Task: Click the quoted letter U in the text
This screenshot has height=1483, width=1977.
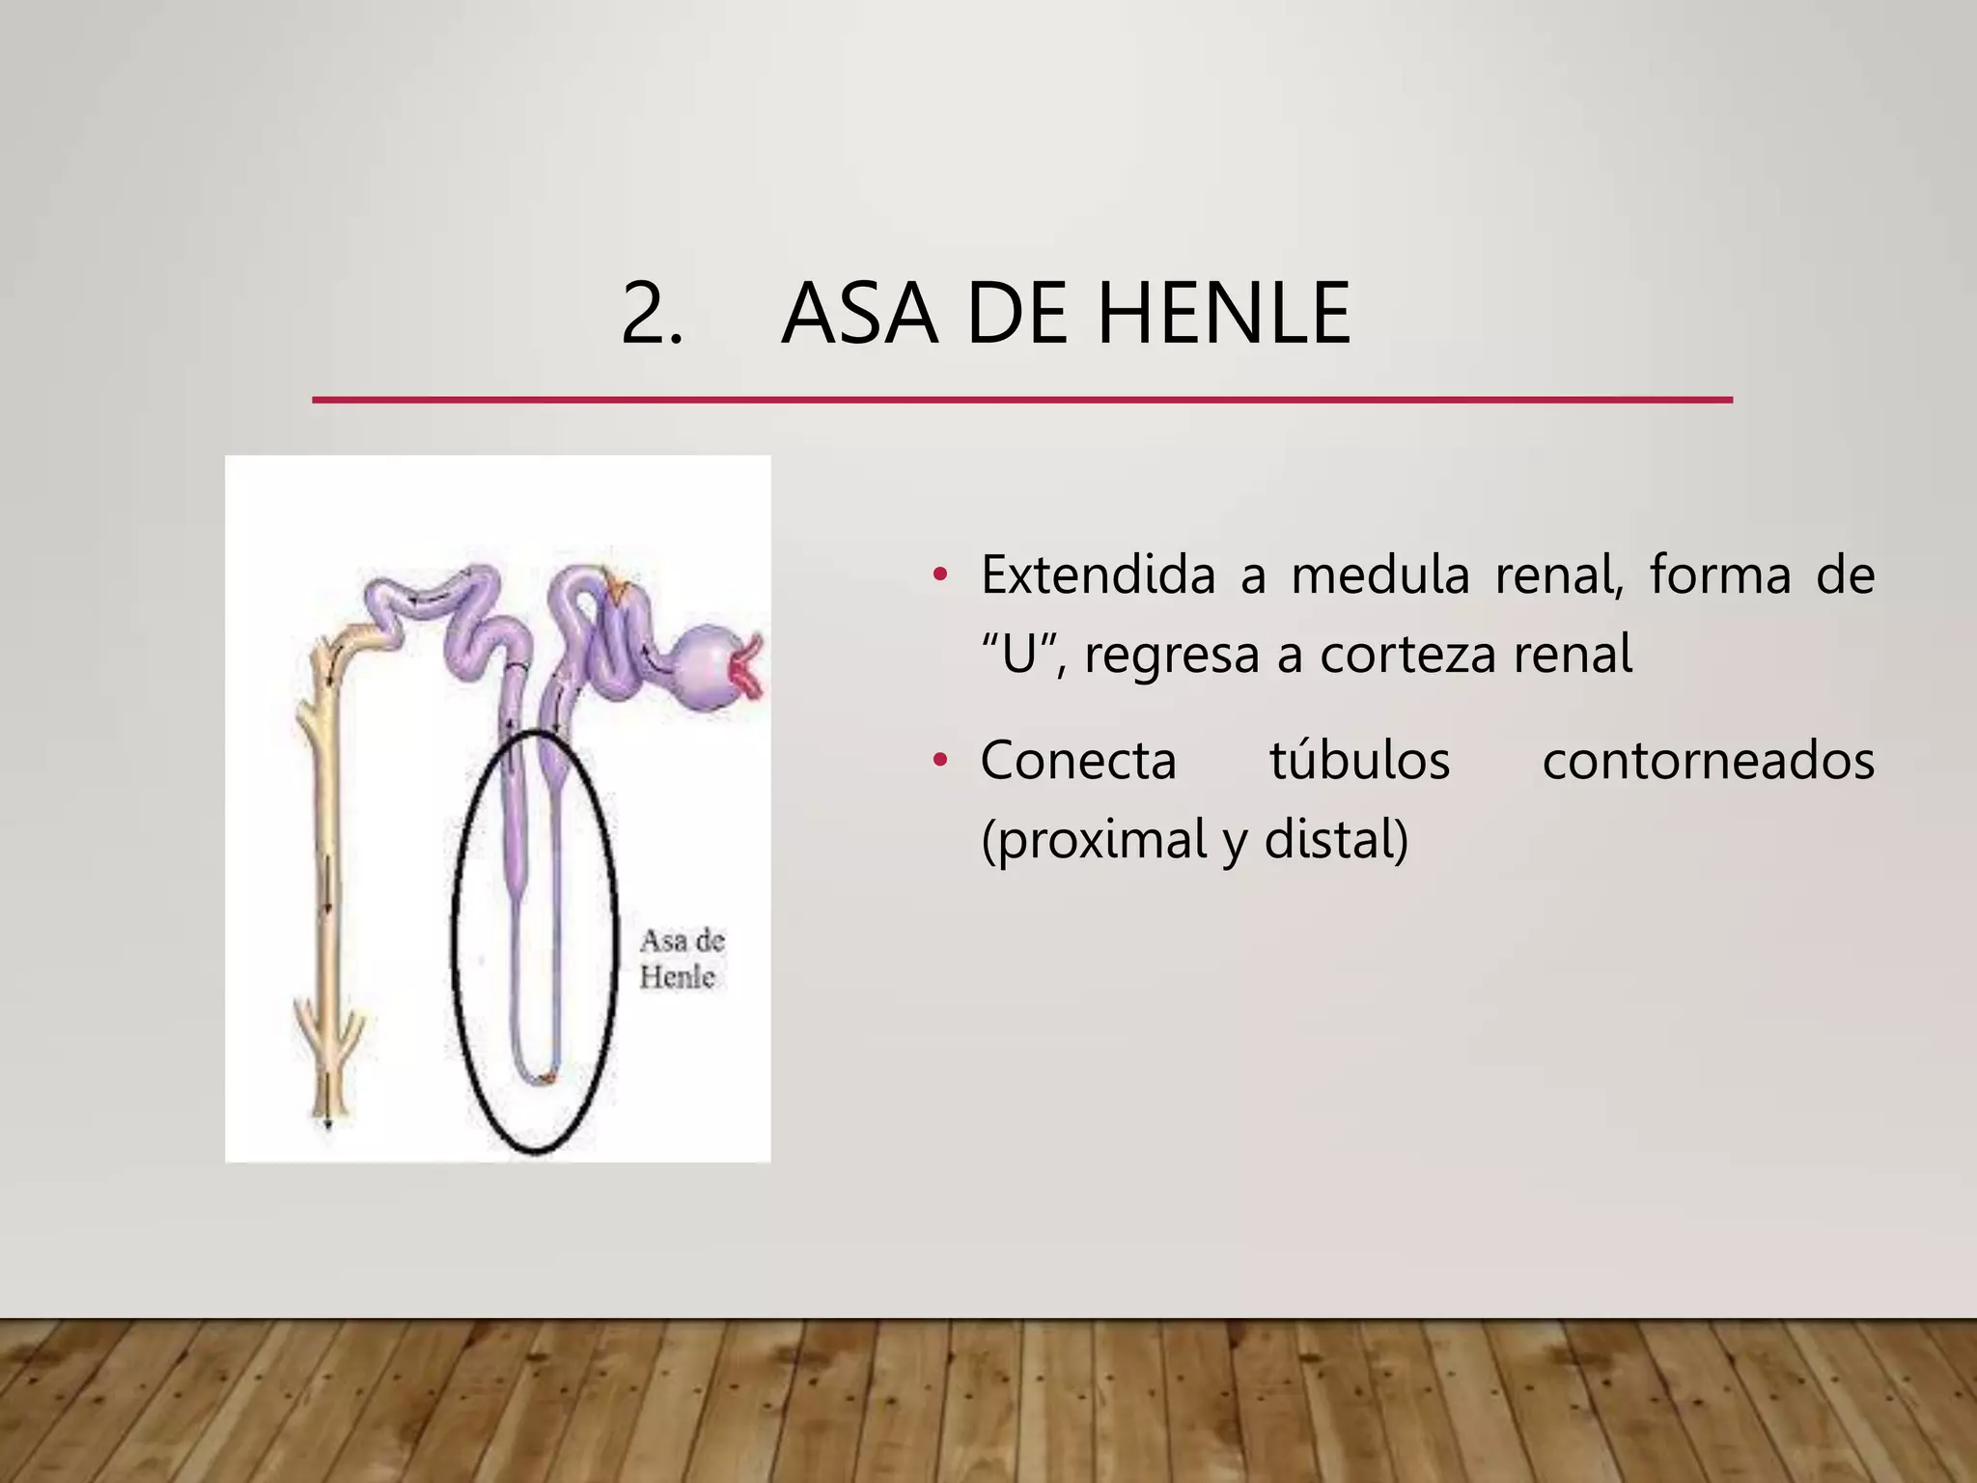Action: click(x=1020, y=654)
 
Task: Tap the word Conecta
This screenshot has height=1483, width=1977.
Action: click(x=1078, y=760)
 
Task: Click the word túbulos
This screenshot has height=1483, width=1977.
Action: click(x=1359, y=760)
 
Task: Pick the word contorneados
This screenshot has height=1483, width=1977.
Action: click(x=1708, y=760)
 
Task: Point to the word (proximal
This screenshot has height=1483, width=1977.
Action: click(x=1093, y=839)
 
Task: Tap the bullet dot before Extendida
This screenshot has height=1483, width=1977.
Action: click(x=940, y=576)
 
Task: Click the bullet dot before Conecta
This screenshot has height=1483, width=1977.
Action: click(x=940, y=762)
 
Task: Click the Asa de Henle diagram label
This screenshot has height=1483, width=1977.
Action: click(x=681, y=959)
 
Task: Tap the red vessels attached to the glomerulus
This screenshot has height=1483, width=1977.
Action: click(x=749, y=666)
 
